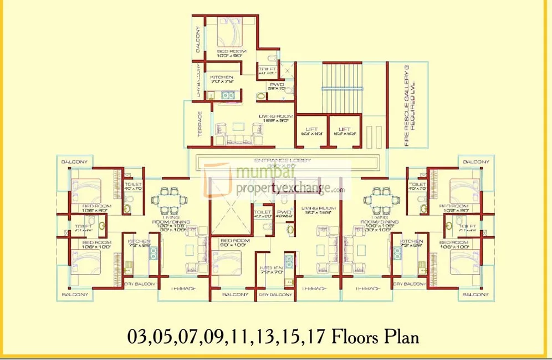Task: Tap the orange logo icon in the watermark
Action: click(x=217, y=180)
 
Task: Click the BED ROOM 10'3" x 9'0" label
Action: click(x=232, y=54)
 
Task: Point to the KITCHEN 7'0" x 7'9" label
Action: click(x=221, y=79)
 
